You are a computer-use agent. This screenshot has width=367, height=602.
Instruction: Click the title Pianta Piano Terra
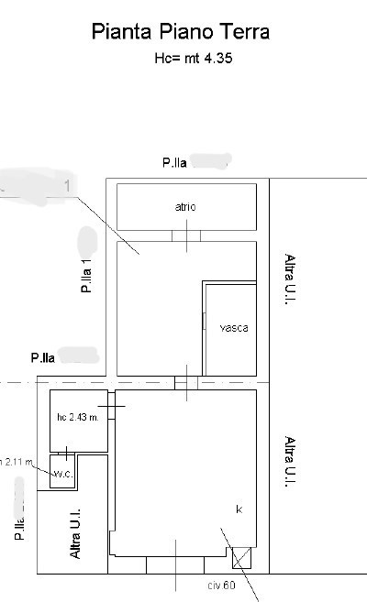coord(181,32)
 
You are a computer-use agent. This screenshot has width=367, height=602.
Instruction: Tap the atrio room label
coord(186,207)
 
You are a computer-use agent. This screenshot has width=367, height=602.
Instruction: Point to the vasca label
coord(233,327)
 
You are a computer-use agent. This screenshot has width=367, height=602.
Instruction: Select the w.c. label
coord(62,474)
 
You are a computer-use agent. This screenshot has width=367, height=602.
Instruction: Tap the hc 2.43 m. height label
coord(77,418)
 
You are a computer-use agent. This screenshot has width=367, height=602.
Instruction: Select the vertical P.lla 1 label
coord(86,274)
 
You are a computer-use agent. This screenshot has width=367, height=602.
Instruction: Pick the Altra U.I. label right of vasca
coord(288,279)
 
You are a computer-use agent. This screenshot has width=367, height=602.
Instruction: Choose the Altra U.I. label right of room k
coord(288,463)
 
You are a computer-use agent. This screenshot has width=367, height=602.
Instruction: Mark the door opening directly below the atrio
coord(186,235)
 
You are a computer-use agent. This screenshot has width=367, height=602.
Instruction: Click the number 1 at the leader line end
coord(68,186)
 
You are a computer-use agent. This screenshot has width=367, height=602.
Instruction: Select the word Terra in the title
coord(241,32)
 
